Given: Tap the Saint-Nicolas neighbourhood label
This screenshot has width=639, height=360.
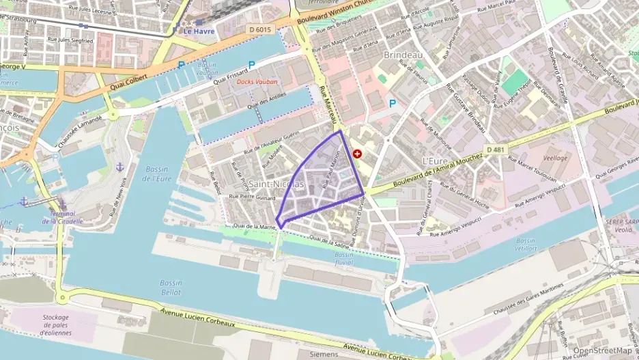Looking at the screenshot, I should (x=276, y=184).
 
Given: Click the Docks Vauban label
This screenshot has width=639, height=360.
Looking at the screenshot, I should (x=253, y=82).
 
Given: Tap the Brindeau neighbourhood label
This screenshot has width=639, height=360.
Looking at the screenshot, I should (x=400, y=55).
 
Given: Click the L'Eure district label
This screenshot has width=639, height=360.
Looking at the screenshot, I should (x=435, y=161).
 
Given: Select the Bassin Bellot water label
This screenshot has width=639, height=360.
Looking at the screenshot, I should (x=171, y=287).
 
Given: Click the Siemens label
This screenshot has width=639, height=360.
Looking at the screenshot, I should (x=324, y=355).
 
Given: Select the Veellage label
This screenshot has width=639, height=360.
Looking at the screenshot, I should (x=554, y=157).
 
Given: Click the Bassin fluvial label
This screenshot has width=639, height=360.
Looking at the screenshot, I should (x=344, y=259).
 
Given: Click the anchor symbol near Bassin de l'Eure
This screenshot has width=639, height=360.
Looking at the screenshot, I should (x=119, y=167).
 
